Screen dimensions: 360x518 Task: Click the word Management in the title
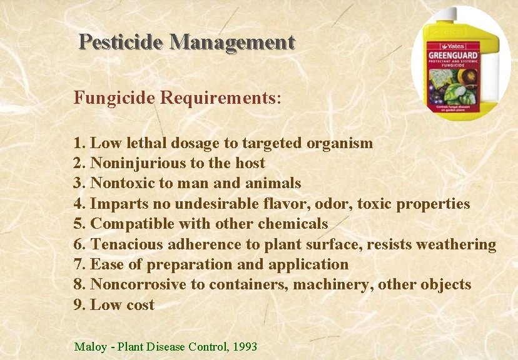click(x=231, y=42)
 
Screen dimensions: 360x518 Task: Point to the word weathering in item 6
click(x=455, y=244)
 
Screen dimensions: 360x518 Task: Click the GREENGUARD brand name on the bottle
click(x=454, y=55)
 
